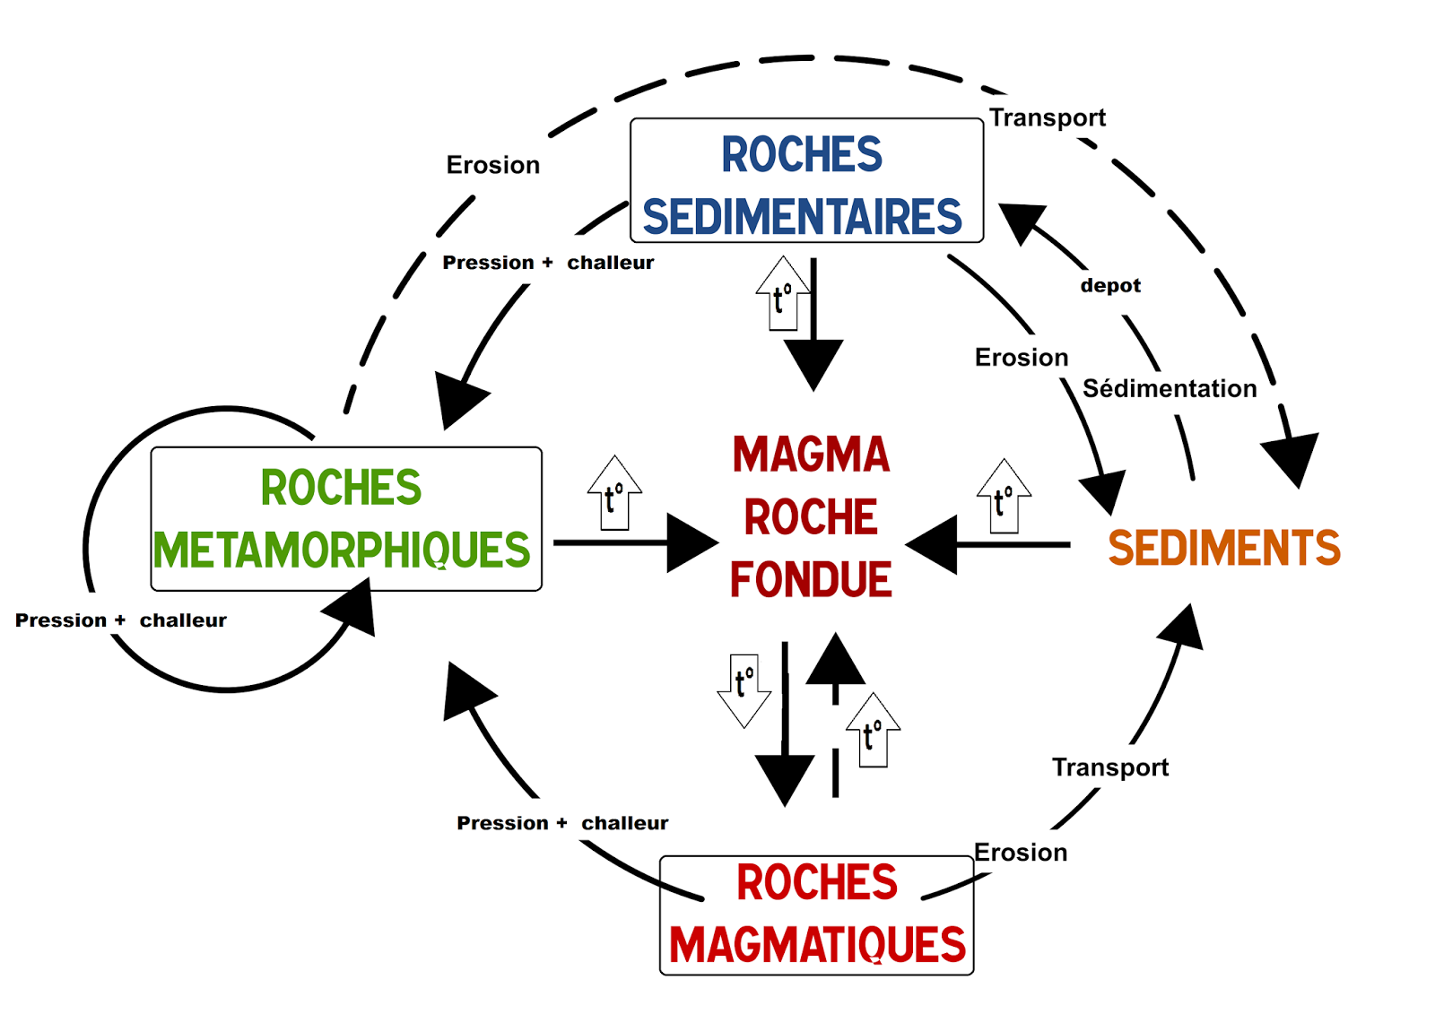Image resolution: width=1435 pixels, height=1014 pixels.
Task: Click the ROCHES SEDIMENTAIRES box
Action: pos(806,180)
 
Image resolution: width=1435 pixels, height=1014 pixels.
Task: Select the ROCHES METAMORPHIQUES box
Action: pos(345,518)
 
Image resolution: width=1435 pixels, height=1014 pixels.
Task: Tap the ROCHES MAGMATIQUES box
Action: pos(816,914)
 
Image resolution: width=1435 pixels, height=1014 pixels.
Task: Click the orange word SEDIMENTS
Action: pos(1223,548)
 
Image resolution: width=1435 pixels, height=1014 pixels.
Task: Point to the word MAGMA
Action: pos(811,455)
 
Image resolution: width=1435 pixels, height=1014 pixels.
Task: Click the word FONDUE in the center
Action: pos(811,579)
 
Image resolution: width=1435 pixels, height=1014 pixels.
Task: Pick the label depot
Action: pos(1110,286)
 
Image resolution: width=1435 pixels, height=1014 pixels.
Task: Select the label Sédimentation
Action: pos(1170,388)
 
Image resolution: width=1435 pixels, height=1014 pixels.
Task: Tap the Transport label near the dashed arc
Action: pos(1047,117)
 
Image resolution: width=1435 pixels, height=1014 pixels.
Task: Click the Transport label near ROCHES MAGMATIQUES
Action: pos(1109,767)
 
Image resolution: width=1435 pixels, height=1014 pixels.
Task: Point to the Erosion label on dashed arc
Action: pos(492,165)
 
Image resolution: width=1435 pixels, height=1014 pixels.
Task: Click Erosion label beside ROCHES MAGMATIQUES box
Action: pos(1021,853)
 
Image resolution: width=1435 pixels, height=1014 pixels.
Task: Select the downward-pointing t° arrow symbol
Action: pos(744,690)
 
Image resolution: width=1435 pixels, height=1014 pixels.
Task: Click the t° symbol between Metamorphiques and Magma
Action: pos(614,493)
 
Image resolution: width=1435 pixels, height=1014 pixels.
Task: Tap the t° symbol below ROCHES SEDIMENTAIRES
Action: pos(783,293)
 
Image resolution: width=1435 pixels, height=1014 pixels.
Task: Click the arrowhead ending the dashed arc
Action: pos(1292,458)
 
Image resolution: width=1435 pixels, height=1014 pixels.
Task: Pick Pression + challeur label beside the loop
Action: pos(121,620)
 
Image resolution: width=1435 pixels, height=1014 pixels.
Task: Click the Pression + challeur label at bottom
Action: pos(562,823)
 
